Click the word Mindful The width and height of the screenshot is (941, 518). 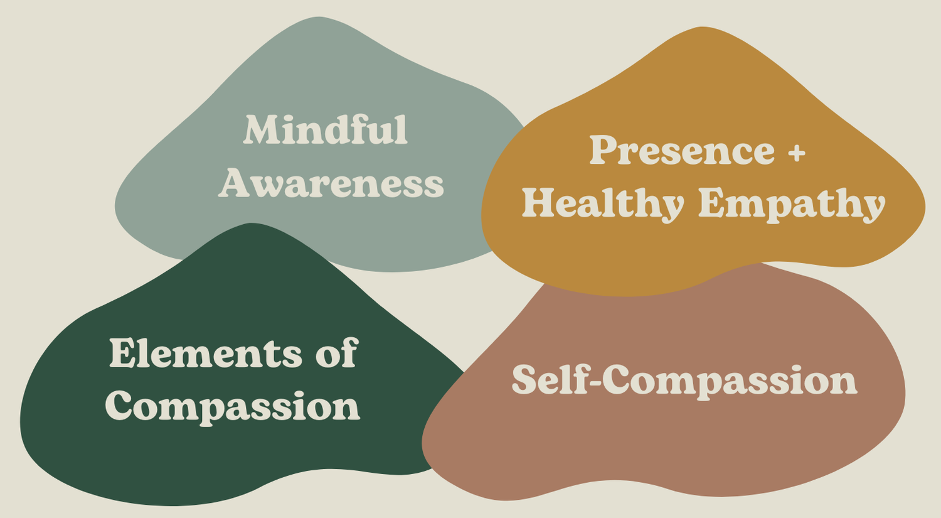point(326,130)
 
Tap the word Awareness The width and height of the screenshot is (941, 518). point(331,183)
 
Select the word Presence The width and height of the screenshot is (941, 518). point(682,151)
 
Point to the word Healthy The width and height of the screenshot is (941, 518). point(602,204)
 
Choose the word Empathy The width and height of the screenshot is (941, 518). point(792,204)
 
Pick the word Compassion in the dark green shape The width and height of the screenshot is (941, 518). point(233,407)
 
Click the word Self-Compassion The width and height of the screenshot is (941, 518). point(684,380)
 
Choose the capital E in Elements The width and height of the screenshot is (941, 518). point(124,353)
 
